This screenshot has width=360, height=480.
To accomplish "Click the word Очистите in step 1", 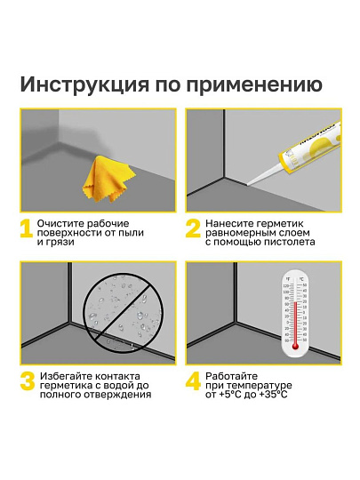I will pyautogui.click(x=68, y=221).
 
